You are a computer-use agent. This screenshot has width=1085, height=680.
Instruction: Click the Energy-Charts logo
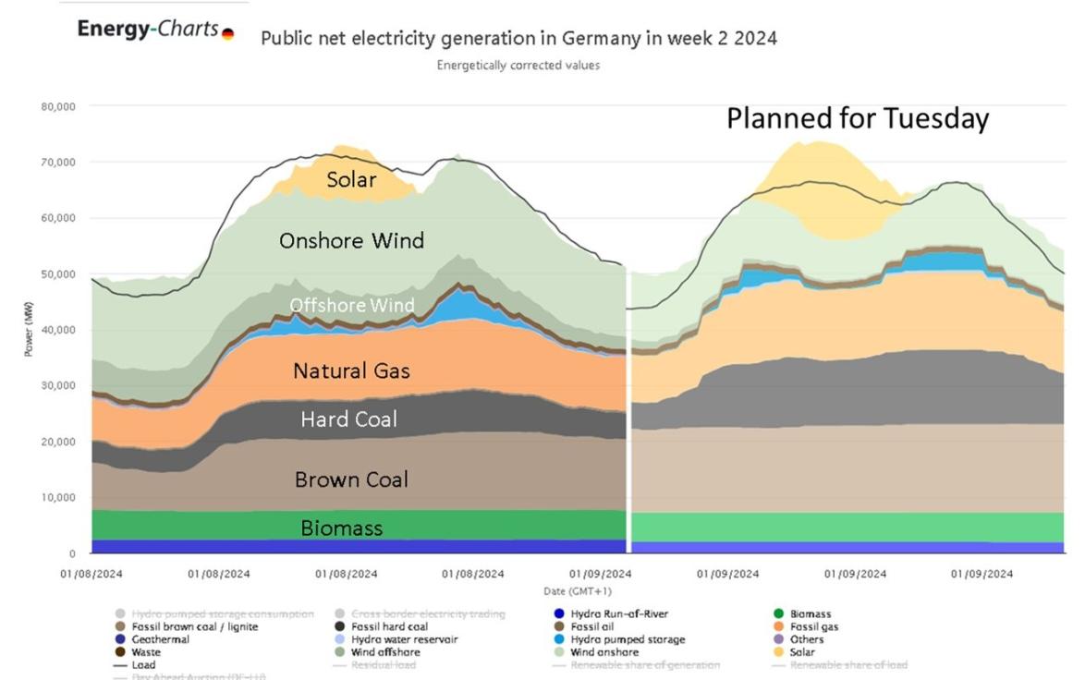tap(154, 30)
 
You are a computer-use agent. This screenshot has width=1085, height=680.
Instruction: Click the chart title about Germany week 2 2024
tap(518, 39)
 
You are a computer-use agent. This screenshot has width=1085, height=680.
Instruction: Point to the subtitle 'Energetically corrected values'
tap(518, 66)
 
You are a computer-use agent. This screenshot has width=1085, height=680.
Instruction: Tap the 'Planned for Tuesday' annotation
tap(857, 119)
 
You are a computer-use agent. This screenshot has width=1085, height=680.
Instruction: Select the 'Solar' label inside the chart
tap(351, 179)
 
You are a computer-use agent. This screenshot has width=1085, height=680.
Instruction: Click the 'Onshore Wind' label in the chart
tap(351, 241)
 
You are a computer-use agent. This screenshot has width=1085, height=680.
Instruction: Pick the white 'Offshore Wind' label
tap(351, 305)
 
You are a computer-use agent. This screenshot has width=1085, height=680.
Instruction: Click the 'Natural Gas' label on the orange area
tap(351, 371)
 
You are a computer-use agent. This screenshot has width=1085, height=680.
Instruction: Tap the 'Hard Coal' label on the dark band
tap(349, 419)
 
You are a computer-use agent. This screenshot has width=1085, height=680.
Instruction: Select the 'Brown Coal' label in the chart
tap(351, 480)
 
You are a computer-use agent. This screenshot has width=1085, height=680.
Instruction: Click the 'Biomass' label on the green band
tap(342, 528)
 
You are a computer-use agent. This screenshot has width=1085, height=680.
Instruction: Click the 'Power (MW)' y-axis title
tap(29, 331)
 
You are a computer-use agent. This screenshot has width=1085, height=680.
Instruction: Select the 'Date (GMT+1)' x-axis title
tap(578, 591)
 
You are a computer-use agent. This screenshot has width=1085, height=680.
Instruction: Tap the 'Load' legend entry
tap(138, 664)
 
